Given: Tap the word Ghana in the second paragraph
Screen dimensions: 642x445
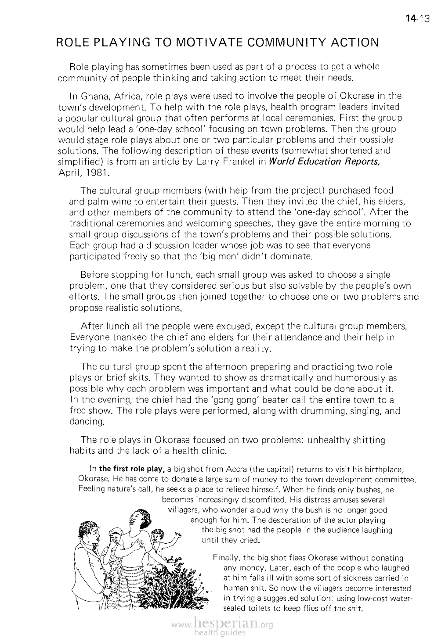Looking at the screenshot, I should tap(93, 96).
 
